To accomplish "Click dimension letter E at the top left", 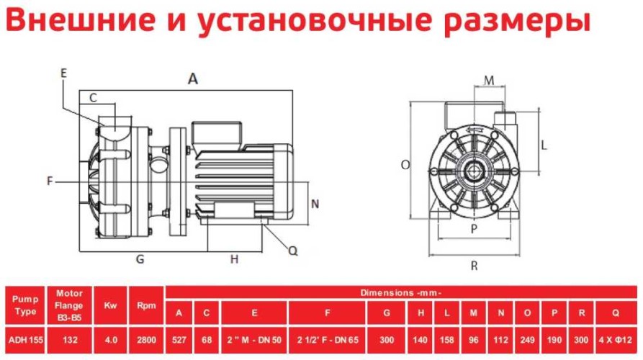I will [63, 73].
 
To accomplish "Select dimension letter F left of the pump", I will [50, 181].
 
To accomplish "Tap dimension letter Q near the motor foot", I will [292, 251].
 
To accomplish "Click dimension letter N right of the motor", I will [314, 203].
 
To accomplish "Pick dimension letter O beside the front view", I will [405, 164].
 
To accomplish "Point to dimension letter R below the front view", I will [475, 266].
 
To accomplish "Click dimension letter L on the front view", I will [544, 143].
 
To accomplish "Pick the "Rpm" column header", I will [146, 305].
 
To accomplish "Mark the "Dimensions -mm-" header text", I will [401, 292].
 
